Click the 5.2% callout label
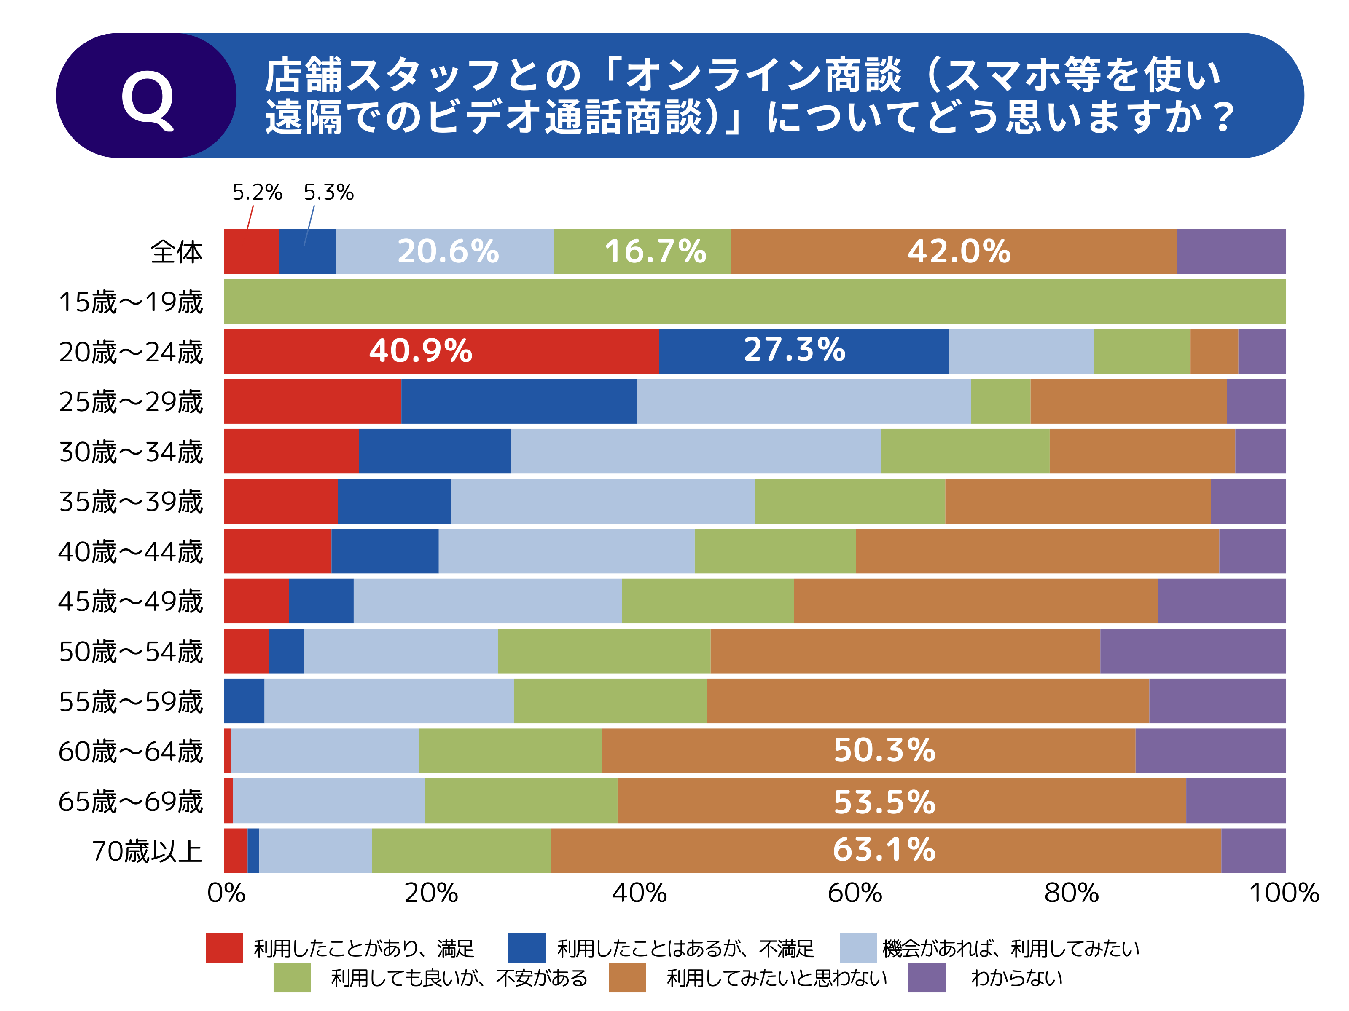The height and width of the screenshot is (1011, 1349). click(x=257, y=193)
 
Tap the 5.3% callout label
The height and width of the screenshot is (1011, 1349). click(x=328, y=193)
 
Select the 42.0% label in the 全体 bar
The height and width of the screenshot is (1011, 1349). click(x=959, y=251)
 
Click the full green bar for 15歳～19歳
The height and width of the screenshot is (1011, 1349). click(x=755, y=301)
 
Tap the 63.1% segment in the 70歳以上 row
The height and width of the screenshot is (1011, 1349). click(x=884, y=850)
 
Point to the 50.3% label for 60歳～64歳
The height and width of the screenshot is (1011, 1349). click(x=884, y=750)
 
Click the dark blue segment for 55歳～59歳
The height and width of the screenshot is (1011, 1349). click(x=244, y=701)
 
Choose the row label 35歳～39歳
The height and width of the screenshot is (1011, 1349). click(x=131, y=502)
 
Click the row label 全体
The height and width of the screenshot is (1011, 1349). click(x=176, y=251)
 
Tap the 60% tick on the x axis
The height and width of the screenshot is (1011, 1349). click(x=855, y=893)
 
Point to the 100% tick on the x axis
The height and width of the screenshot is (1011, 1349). click(x=1283, y=893)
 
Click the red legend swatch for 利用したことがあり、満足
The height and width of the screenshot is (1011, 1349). click(x=224, y=948)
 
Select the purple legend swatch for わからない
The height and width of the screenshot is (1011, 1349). click(x=926, y=977)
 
